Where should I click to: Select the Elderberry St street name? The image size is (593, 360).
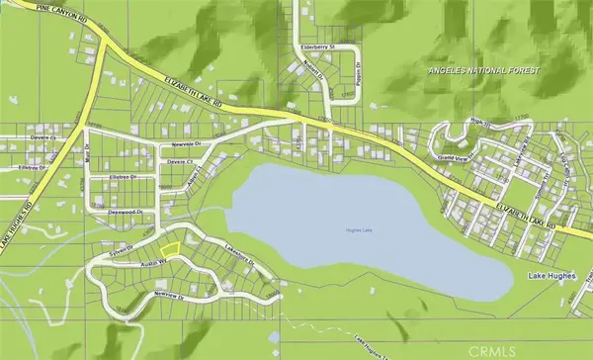pyautogui.click(x=319, y=46)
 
